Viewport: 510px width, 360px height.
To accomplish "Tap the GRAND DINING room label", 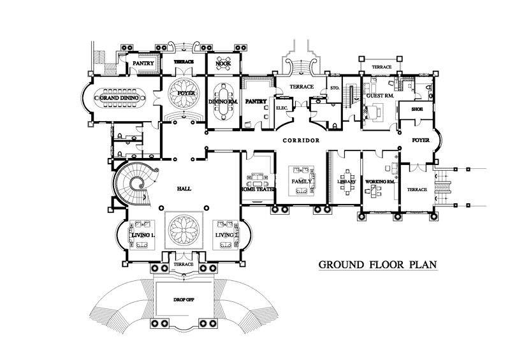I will tap(121, 99).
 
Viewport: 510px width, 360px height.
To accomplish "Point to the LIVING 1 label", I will tap(143, 236).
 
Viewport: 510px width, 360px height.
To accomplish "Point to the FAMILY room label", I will tap(300, 182).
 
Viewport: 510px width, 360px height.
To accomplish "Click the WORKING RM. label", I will tap(381, 182).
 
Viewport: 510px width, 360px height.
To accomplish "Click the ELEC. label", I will tap(282, 109).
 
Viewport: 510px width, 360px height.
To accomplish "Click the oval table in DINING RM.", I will tap(223, 101).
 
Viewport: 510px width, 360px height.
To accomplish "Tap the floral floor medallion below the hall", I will tap(184, 229).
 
